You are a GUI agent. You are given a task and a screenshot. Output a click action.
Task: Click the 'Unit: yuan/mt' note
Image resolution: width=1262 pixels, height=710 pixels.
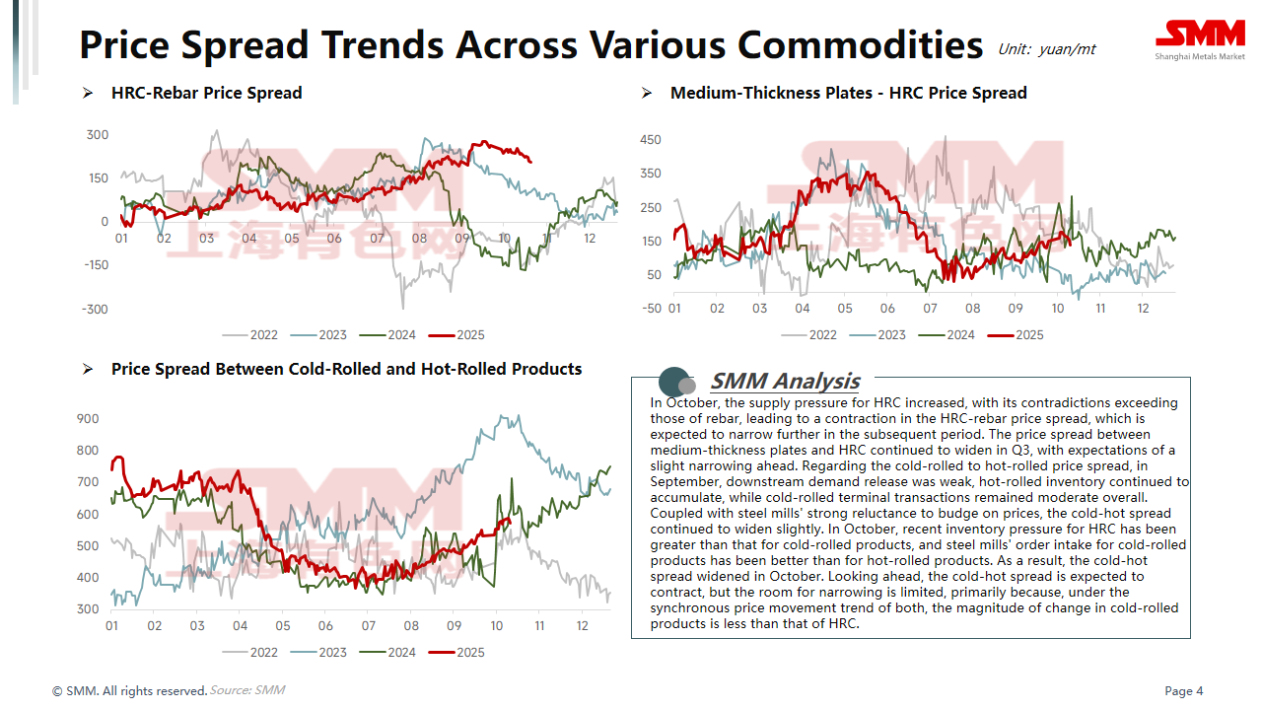coord(1046,49)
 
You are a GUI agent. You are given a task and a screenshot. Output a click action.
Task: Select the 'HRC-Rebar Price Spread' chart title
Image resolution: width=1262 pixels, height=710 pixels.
coord(206,94)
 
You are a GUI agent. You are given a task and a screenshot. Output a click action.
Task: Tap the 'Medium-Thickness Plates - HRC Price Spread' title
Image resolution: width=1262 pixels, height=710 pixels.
coord(848,94)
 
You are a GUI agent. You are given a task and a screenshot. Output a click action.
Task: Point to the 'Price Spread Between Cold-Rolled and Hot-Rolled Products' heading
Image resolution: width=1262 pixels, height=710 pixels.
coord(346,370)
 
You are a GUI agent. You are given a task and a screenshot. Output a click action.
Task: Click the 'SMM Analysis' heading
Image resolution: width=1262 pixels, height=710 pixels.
coord(785,382)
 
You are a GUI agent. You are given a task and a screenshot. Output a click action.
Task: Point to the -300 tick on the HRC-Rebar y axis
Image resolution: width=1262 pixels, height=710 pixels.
coord(96,310)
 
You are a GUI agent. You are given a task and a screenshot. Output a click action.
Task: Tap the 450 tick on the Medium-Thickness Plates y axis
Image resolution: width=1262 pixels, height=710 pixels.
coord(651,140)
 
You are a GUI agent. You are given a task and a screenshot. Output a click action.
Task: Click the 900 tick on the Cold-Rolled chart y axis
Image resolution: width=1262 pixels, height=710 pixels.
coord(88,419)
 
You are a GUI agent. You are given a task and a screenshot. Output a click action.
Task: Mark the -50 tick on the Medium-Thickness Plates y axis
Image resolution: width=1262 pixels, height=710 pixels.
coord(651,309)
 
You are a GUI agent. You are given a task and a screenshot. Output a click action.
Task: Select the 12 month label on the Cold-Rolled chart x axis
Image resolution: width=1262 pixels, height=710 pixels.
coord(582,627)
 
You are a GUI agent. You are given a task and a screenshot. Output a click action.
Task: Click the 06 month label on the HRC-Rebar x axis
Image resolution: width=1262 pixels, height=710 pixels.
coord(334,239)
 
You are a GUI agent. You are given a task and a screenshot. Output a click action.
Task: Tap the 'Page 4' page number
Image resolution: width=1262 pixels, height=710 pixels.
coord(1184,691)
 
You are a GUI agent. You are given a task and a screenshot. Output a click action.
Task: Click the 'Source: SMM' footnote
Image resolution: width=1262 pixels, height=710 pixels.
coord(247,690)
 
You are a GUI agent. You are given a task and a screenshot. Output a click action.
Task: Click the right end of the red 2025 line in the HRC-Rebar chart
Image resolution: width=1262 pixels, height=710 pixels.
coord(531,161)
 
